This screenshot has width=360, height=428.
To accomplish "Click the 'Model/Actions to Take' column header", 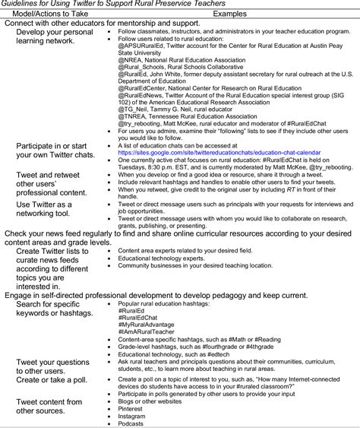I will click(x=50, y=14).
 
